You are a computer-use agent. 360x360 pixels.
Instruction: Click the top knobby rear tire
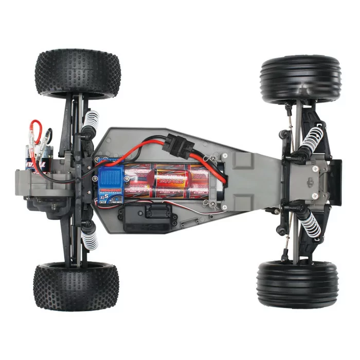click(x=78, y=73)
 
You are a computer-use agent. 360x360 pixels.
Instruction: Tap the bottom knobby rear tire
click(x=76, y=286)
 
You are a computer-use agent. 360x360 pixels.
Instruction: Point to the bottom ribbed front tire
click(x=298, y=284)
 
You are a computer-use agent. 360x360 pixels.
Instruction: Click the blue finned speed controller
click(x=109, y=178)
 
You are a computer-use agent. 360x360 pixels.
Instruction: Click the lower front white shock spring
click(x=312, y=223)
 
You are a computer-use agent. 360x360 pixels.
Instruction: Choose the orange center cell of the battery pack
click(x=173, y=183)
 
